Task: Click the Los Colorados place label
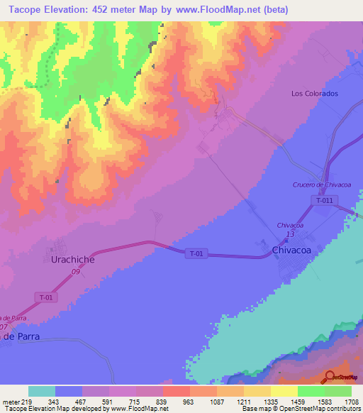[315, 94]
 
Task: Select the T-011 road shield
[325, 201]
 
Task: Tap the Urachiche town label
[69, 260]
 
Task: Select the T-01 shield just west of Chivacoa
[197, 253]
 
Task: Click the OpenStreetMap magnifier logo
[331, 376]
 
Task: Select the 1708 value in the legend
[351, 402]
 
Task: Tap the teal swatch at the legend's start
[42, 391]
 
